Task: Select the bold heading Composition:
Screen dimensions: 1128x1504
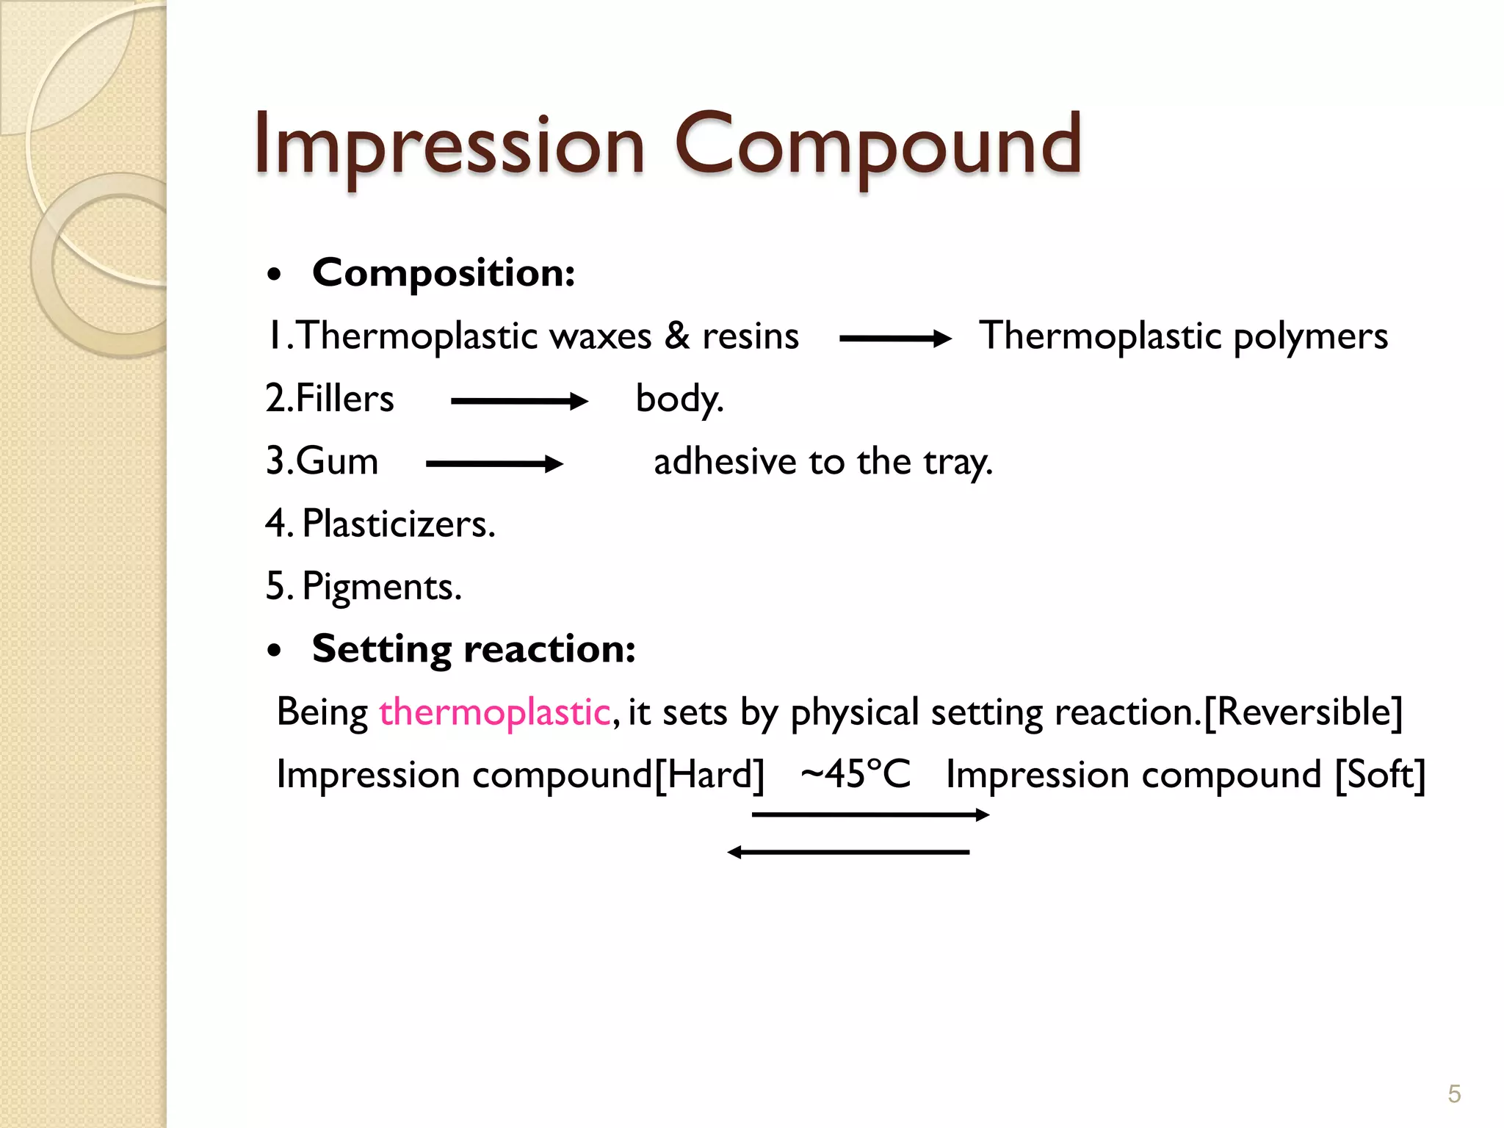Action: [x=444, y=273]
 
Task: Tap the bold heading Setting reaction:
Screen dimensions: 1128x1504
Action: [x=474, y=649]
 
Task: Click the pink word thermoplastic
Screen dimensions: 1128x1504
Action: [x=494, y=712]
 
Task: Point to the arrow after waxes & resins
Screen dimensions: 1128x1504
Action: [x=894, y=339]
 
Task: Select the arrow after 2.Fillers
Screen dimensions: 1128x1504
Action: [x=518, y=401]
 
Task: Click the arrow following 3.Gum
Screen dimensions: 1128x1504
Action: [x=493, y=464]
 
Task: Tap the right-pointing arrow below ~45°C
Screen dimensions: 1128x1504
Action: [x=870, y=814]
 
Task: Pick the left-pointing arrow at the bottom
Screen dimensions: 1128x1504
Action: [x=848, y=852]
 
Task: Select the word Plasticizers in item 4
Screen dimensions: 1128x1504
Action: [x=399, y=524]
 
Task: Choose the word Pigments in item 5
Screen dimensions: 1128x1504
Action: [x=382, y=587]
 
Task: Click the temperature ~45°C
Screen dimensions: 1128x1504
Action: [x=856, y=774]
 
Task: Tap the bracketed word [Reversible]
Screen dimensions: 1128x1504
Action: [x=1304, y=712]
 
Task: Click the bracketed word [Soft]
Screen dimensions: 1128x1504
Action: [x=1380, y=774]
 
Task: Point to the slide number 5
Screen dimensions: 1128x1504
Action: [x=1454, y=1094]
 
